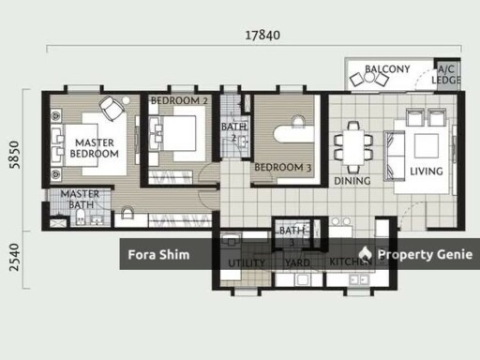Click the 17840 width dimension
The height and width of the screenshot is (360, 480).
click(x=263, y=36)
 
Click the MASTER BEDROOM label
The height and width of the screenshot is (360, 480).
click(x=95, y=148)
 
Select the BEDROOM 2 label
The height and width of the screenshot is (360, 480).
click(x=179, y=100)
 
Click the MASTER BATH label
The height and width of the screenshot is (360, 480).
click(x=80, y=200)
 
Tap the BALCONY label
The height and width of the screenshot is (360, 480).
click(x=387, y=69)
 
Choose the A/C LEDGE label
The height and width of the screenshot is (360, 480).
click(x=446, y=75)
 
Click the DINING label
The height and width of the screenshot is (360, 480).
click(x=352, y=181)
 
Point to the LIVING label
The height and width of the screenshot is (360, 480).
click(x=427, y=172)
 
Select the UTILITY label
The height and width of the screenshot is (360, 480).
click(x=247, y=263)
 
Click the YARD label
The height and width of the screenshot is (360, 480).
click(x=297, y=263)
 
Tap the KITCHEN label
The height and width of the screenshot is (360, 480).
click(x=349, y=263)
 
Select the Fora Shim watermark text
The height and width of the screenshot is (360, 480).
click(x=158, y=255)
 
